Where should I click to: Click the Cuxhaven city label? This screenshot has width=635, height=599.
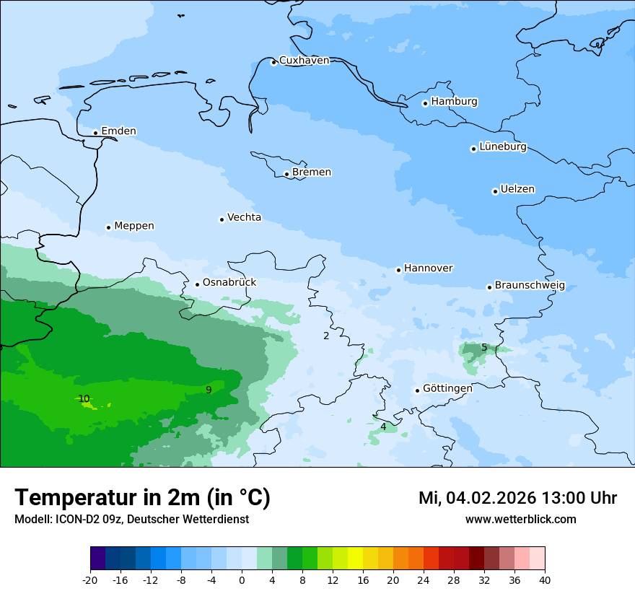(304, 61)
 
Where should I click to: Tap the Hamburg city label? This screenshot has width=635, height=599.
(454, 102)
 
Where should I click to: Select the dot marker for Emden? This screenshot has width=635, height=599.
(95, 133)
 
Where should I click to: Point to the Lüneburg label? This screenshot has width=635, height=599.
(502, 147)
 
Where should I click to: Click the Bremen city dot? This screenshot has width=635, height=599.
(286, 174)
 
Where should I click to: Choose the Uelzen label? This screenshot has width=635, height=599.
(517, 190)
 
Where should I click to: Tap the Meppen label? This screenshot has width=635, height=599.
(133, 226)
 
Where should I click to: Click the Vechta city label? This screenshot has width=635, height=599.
(244, 217)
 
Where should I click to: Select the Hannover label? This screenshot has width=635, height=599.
(428, 268)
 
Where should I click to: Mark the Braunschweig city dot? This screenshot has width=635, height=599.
(489, 287)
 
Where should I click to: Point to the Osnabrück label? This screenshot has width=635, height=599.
(229, 283)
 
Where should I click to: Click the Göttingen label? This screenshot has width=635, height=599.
(447, 388)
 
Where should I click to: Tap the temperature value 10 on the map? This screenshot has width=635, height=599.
(84, 398)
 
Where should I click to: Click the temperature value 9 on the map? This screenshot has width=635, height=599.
(209, 390)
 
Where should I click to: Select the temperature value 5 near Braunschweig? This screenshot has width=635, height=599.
(484, 347)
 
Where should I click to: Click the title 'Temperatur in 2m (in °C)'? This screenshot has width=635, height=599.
(142, 498)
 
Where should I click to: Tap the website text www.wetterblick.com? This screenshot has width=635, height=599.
(520, 520)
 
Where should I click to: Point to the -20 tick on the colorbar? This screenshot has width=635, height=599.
(90, 580)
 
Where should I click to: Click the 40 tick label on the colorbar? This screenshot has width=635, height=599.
(544, 580)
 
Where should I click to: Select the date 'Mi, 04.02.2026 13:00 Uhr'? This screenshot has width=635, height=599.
(517, 498)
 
